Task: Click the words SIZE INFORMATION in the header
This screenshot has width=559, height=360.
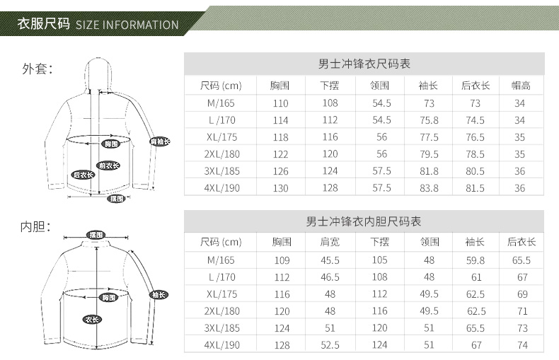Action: tap(127, 25)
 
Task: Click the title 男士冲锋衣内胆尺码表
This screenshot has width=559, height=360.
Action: tap(364, 221)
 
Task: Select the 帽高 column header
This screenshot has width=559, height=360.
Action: tap(520, 86)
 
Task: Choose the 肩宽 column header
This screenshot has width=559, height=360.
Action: tap(330, 242)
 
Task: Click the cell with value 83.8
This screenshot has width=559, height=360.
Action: tap(429, 188)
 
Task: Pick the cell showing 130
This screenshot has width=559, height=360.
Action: tap(281, 188)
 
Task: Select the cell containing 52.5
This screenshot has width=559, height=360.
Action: tap(330, 345)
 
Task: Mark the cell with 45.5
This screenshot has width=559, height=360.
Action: tap(330, 260)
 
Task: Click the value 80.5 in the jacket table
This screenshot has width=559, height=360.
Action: tap(476, 171)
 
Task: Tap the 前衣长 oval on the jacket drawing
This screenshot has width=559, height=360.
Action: tap(109, 166)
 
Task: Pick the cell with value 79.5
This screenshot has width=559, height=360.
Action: tap(429, 154)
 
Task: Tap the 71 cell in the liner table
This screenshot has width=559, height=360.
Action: tap(522, 311)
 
